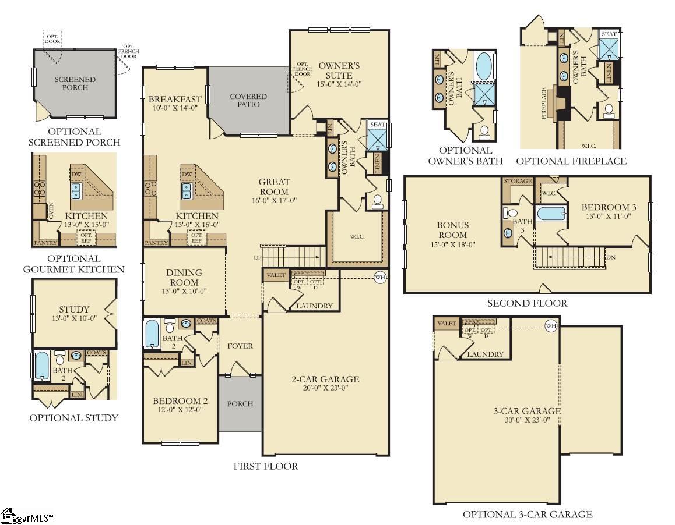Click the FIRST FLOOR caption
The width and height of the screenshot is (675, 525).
point(266,466)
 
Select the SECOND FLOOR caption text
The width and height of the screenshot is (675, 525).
point(527,303)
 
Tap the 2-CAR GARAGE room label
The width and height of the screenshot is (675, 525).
point(325,379)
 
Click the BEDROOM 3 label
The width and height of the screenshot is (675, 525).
point(609,207)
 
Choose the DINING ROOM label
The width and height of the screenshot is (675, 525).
point(184,277)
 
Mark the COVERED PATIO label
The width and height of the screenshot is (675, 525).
point(248,100)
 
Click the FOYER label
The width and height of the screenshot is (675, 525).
point(240,346)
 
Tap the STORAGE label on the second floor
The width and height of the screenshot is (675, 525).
point(518,181)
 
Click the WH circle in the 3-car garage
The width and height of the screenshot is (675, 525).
point(551,325)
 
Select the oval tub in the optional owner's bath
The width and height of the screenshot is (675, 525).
point(484,67)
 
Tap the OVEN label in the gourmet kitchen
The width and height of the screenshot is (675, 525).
point(51,211)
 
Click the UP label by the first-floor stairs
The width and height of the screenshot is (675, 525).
point(258,257)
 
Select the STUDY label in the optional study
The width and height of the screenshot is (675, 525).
point(74,309)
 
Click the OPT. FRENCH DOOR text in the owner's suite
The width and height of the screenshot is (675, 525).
point(302,69)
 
